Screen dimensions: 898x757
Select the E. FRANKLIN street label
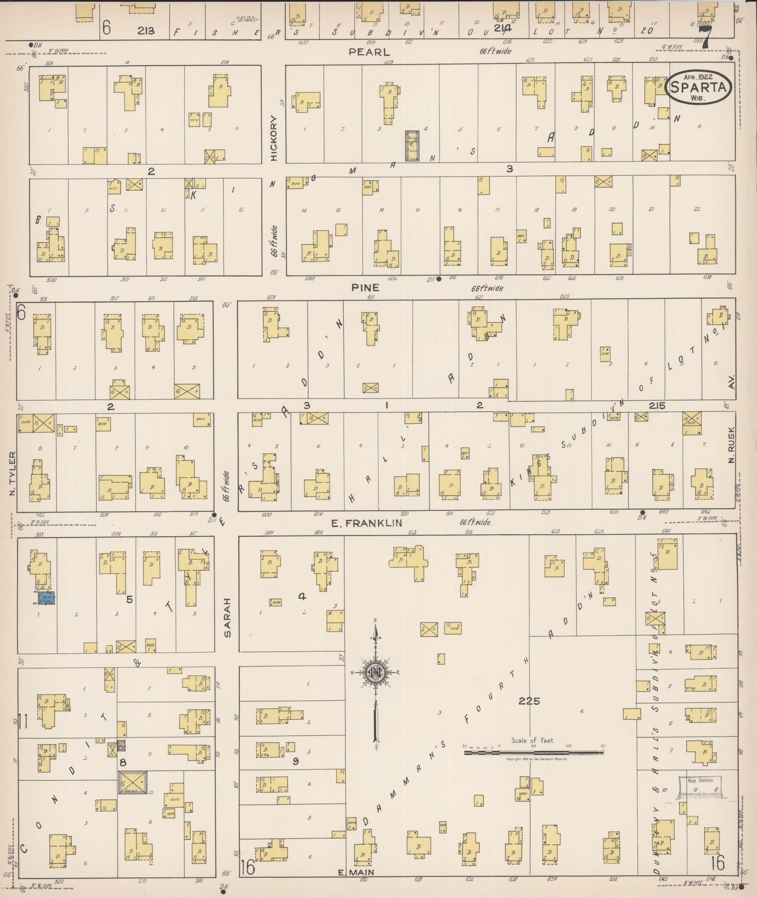coord(367,522)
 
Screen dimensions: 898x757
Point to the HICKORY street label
coord(274,138)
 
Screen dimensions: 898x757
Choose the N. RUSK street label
coord(731,448)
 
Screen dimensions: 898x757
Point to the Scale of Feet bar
coord(534,752)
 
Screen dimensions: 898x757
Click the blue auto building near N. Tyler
coord(46,598)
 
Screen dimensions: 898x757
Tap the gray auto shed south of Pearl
coord(412,146)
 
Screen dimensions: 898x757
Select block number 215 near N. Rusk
coord(657,406)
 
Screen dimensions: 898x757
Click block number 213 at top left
coord(146,31)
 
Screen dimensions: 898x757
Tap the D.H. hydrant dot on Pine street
coord(439,279)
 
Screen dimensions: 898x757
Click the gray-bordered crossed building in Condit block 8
coord(132,782)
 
